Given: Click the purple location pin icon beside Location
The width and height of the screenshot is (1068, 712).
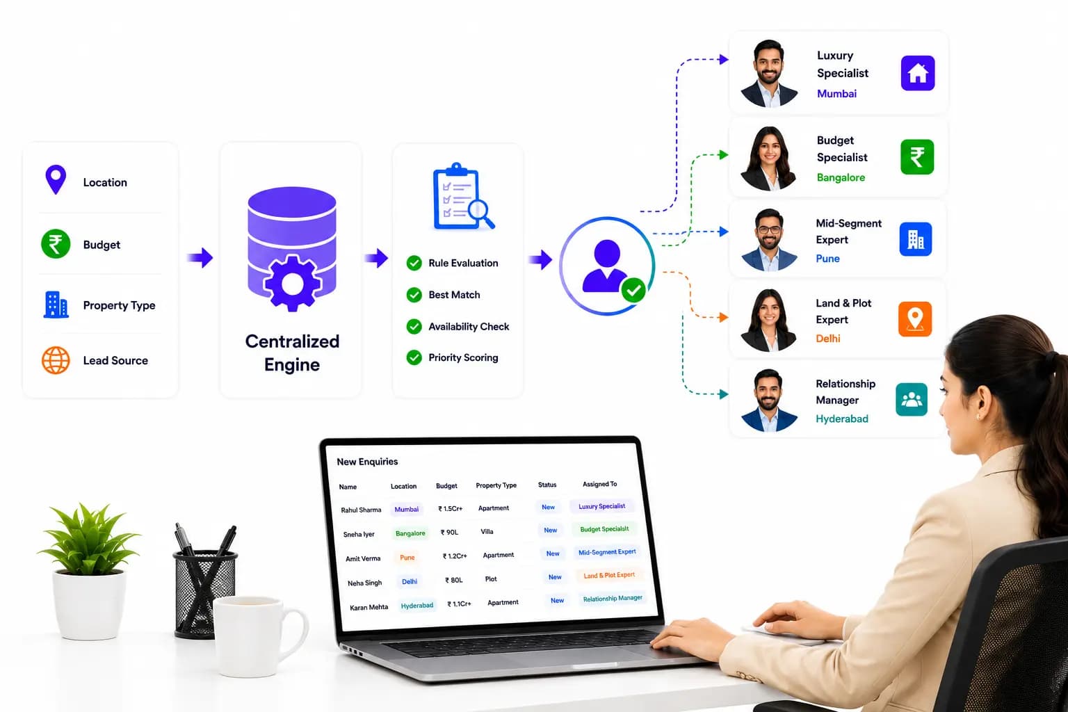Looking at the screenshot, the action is pos(56,179).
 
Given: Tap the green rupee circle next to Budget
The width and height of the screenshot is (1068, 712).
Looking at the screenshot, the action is pos(56,243).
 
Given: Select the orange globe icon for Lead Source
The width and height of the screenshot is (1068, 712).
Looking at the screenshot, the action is pos(56,360).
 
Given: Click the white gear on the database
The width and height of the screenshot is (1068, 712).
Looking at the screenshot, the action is pos(292,283).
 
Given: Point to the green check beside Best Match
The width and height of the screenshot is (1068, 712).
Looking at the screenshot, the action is pos(414,295).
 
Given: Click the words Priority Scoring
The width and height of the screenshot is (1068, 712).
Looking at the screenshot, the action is pos(463,357).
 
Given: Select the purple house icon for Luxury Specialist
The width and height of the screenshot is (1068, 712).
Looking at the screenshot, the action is pos(917,73).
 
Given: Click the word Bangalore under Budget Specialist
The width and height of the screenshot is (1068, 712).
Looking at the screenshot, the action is pos(841,177).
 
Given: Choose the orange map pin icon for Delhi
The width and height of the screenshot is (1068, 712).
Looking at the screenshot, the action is pos(915,318).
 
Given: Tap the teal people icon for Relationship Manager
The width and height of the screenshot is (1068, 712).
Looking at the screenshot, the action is pos(911,399).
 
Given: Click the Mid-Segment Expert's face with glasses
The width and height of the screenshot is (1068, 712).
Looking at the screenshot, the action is pos(768,229).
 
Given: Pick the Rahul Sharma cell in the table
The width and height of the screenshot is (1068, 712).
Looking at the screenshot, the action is pos(361,510).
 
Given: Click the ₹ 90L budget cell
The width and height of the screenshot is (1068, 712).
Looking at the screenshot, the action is pos(449,532).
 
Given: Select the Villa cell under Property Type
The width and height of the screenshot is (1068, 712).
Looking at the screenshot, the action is pos(487,531).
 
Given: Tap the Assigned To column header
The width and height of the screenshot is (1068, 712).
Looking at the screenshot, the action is pos(600,483).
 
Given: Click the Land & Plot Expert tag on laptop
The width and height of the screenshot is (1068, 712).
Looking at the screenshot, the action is pos(609,575).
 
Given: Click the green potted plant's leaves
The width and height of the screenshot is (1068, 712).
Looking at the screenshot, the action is pos(89,539).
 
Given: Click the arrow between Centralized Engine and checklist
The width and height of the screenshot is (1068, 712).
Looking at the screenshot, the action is pos(377,258).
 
